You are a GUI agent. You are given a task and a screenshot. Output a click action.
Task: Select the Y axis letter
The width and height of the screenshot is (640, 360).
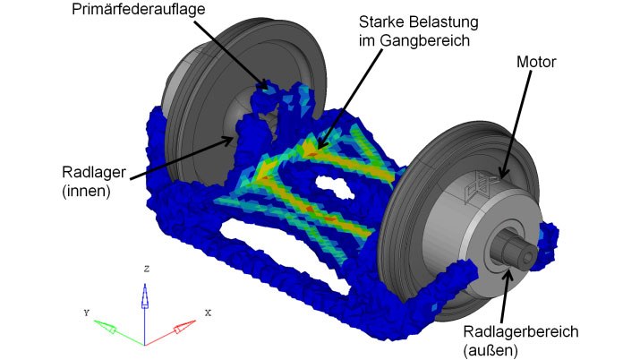(x=86, y=313)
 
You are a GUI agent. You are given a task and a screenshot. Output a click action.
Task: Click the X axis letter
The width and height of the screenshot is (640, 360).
(x=207, y=313)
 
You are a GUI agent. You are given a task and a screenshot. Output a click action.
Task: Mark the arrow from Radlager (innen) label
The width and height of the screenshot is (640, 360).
(x=179, y=153)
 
